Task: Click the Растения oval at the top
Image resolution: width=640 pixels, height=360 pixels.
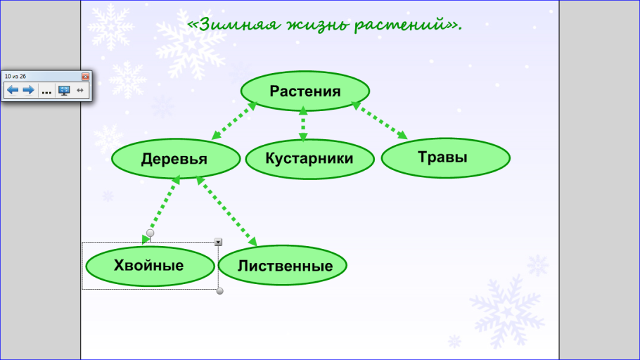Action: pyautogui.click(x=305, y=91)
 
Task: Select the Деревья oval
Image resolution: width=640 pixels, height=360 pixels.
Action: pyautogui.click(x=176, y=159)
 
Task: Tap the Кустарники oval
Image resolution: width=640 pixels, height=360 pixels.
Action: pyautogui.click(x=309, y=159)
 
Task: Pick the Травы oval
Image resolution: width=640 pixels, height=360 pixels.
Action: pyautogui.click(x=446, y=158)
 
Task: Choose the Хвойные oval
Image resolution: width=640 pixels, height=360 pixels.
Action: pyautogui.click(x=151, y=266)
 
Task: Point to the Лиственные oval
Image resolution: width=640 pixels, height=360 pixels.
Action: pyautogui.click(x=283, y=265)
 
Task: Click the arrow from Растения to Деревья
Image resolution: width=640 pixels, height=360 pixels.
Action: pyautogui.click(x=234, y=120)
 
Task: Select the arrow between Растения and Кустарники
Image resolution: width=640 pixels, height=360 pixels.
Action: pyautogui.click(x=303, y=124)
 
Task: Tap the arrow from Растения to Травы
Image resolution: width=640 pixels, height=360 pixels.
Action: pyautogui.click(x=380, y=120)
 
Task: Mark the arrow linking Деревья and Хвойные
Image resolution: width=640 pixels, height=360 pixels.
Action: pyautogui.click(x=161, y=210)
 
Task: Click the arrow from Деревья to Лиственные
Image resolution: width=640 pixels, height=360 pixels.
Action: pyautogui.click(x=226, y=211)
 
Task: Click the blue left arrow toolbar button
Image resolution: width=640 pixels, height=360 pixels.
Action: pyautogui.click(x=13, y=90)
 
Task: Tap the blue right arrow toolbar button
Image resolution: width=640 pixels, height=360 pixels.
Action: pyautogui.click(x=28, y=90)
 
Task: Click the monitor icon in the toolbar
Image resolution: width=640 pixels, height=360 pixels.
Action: pyautogui.click(x=64, y=90)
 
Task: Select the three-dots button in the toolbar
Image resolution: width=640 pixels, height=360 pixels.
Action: pyautogui.click(x=46, y=91)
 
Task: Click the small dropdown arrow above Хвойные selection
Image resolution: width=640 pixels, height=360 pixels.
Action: pyautogui.click(x=218, y=242)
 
